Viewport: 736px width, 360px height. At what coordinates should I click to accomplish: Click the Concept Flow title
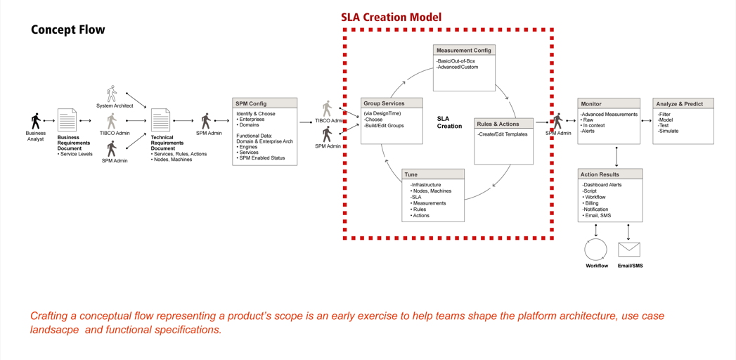(67, 30)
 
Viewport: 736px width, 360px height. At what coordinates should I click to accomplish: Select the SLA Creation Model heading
(391, 17)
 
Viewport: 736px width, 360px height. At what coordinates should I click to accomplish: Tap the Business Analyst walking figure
(35, 121)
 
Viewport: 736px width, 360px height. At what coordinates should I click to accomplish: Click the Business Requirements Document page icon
(67, 121)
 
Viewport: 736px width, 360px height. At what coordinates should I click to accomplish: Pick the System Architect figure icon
(112, 94)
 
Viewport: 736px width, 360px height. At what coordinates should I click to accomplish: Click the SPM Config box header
(264, 103)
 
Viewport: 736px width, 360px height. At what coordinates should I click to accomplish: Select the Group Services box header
(392, 103)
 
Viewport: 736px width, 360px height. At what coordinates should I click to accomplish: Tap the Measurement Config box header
(464, 51)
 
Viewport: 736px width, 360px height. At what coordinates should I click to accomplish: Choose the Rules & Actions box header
(503, 124)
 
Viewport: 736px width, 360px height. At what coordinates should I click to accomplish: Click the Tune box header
(433, 174)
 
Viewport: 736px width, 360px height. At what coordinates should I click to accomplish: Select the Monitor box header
(609, 103)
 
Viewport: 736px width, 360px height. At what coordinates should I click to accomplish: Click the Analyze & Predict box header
(683, 103)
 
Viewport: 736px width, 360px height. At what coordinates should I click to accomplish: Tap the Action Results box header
(610, 174)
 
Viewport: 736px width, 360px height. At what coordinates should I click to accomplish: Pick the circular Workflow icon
(596, 250)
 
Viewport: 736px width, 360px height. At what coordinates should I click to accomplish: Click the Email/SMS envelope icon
(629, 249)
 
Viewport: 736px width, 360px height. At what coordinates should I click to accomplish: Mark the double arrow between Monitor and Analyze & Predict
(646, 121)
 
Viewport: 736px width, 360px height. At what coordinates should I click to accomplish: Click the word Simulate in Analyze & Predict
(669, 131)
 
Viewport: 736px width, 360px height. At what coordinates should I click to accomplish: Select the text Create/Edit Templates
(503, 134)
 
